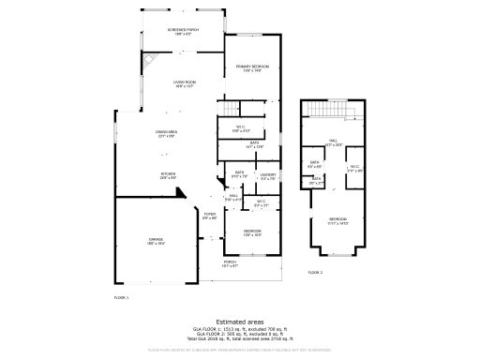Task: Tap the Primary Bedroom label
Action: [252, 67]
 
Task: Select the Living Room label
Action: [183, 84]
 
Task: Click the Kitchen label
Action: [168, 174]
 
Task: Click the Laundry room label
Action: [267, 174]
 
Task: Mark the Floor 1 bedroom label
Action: [252, 232]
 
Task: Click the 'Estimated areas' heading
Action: [239, 321]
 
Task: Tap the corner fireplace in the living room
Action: [149, 62]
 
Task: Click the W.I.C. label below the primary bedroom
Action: [240, 129]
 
